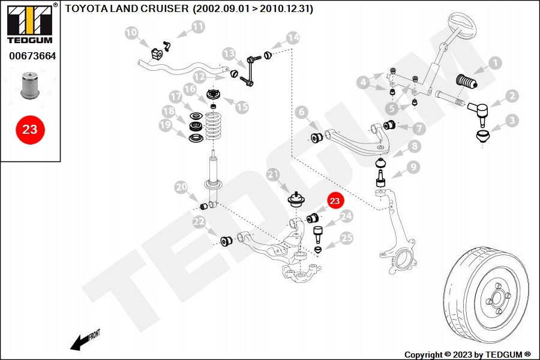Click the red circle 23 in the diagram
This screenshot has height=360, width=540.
(x=335, y=201)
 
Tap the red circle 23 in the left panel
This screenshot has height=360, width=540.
(x=30, y=130)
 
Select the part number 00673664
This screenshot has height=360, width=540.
(x=32, y=56)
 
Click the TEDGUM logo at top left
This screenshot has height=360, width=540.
(x=30, y=23)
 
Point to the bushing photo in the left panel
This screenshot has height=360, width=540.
(x=30, y=85)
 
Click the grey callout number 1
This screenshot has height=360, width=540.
(x=495, y=63)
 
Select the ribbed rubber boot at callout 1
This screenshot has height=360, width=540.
(x=466, y=82)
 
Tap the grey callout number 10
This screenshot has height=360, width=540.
(x=131, y=33)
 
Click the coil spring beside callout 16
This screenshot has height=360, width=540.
(x=213, y=126)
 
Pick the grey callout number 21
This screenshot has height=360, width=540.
(x=273, y=175)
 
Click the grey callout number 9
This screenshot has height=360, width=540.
(x=413, y=167)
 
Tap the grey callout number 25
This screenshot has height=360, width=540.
(x=346, y=238)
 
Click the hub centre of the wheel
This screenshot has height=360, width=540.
(x=497, y=298)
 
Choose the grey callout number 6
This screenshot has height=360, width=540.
(x=302, y=112)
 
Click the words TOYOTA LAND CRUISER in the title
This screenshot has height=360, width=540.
(x=127, y=8)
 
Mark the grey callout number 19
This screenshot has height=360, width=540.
(x=166, y=125)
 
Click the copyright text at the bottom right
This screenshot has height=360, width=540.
(x=467, y=355)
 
